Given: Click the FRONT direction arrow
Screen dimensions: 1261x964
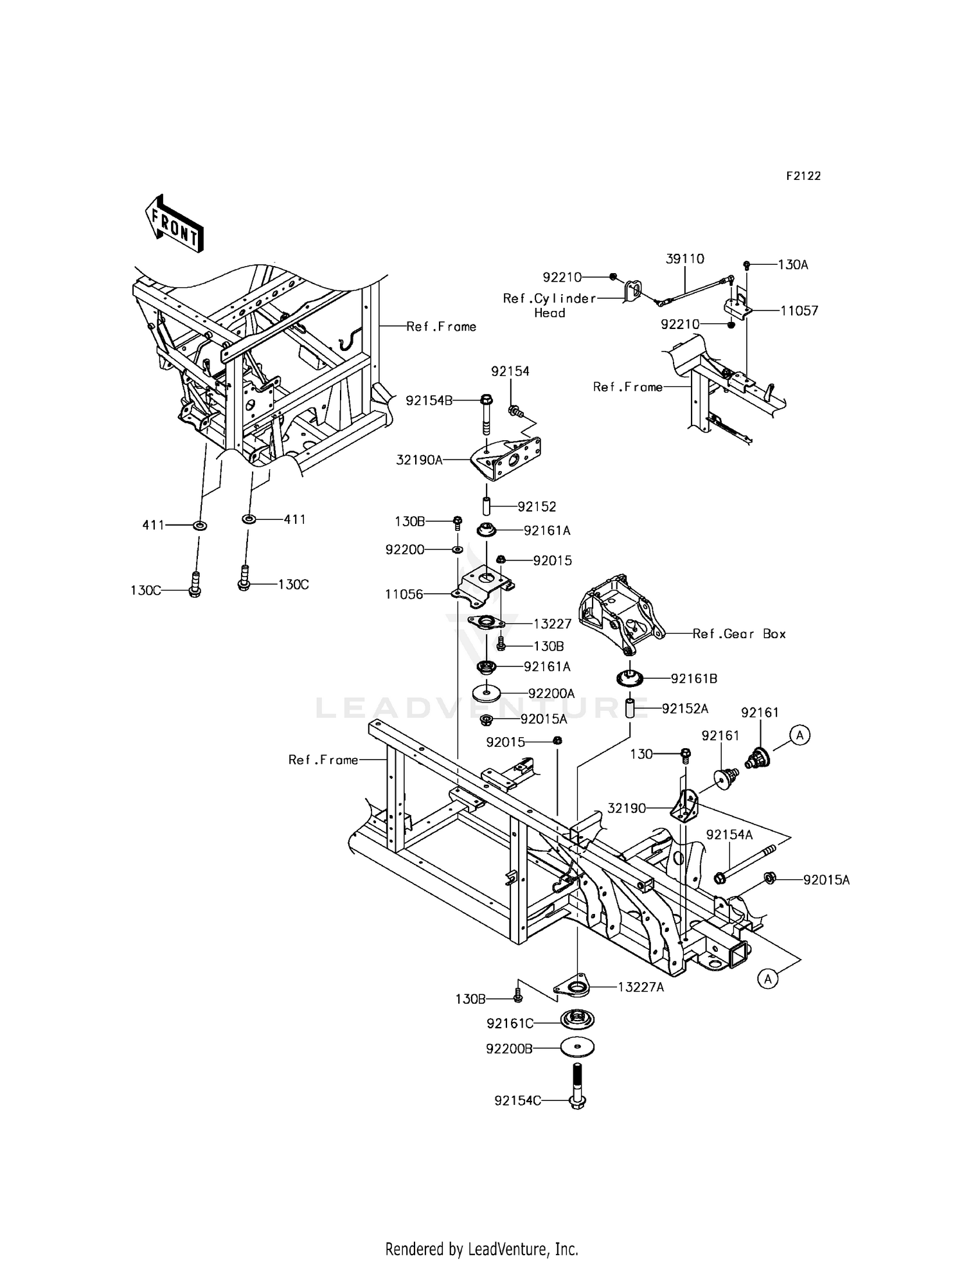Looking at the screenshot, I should tap(174, 224).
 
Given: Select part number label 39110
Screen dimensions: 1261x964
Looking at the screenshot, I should tap(684, 258).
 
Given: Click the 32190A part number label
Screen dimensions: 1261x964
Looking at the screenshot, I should tap(419, 460).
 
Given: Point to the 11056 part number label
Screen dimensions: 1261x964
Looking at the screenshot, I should tap(404, 595).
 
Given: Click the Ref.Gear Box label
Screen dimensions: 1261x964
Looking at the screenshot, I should tap(739, 634).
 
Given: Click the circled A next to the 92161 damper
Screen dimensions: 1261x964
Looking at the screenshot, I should tap(799, 735).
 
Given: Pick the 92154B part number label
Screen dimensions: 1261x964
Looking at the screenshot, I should tap(429, 401).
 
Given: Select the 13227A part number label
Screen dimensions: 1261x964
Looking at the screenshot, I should tap(641, 987).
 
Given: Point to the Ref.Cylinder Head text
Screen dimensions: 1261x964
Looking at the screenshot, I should tap(549, 306).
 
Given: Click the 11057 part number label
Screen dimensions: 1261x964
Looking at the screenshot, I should tap(799, 311).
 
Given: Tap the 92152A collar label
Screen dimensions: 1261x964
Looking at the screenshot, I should tap(685, 708).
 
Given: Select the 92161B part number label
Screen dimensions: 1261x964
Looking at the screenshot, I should tap(694, 678).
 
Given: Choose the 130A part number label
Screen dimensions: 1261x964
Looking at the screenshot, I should tap(792, 264).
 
